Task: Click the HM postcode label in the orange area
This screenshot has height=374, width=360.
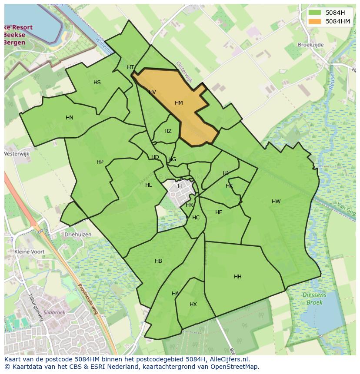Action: [179, 103]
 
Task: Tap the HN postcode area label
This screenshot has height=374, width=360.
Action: [70, 118]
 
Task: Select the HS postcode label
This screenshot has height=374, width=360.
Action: [97, 83]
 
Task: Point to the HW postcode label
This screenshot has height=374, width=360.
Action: [276, 202]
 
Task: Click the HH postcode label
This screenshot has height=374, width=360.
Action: [238, 277]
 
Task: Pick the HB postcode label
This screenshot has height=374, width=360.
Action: [158, 261]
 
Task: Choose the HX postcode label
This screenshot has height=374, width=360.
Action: [193, 304]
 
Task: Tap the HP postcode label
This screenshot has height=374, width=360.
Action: [100, 162]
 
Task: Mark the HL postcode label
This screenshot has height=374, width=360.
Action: [149, 185]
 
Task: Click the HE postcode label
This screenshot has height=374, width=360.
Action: [219, 212]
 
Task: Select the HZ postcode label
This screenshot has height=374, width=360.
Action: [168, 131]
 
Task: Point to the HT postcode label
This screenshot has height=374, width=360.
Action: [130, 67]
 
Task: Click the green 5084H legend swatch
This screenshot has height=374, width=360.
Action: [315, 12]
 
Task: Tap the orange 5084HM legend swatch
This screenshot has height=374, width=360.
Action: [315, 21]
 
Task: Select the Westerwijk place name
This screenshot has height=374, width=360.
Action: [16, 154]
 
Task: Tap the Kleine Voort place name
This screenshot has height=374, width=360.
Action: [30, 252]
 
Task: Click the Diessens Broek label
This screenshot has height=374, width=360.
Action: [314, 299]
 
